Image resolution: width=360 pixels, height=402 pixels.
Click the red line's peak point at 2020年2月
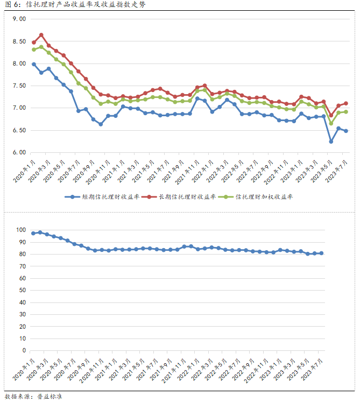tap(41, 35)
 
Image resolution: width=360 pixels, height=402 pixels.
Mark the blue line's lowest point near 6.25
tap(331, 142)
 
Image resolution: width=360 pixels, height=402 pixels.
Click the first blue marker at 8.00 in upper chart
tap(34, 64)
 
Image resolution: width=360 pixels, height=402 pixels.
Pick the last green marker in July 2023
tap(345, 112)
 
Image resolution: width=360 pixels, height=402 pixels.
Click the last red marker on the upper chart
tap(345, 103)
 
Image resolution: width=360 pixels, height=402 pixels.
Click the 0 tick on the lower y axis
tap(24, 350)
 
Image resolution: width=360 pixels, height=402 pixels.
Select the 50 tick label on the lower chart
tap(22, 290)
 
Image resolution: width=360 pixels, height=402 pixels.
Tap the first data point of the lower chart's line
tap(33, 233)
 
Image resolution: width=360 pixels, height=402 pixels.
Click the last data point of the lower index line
tap(322, 253)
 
